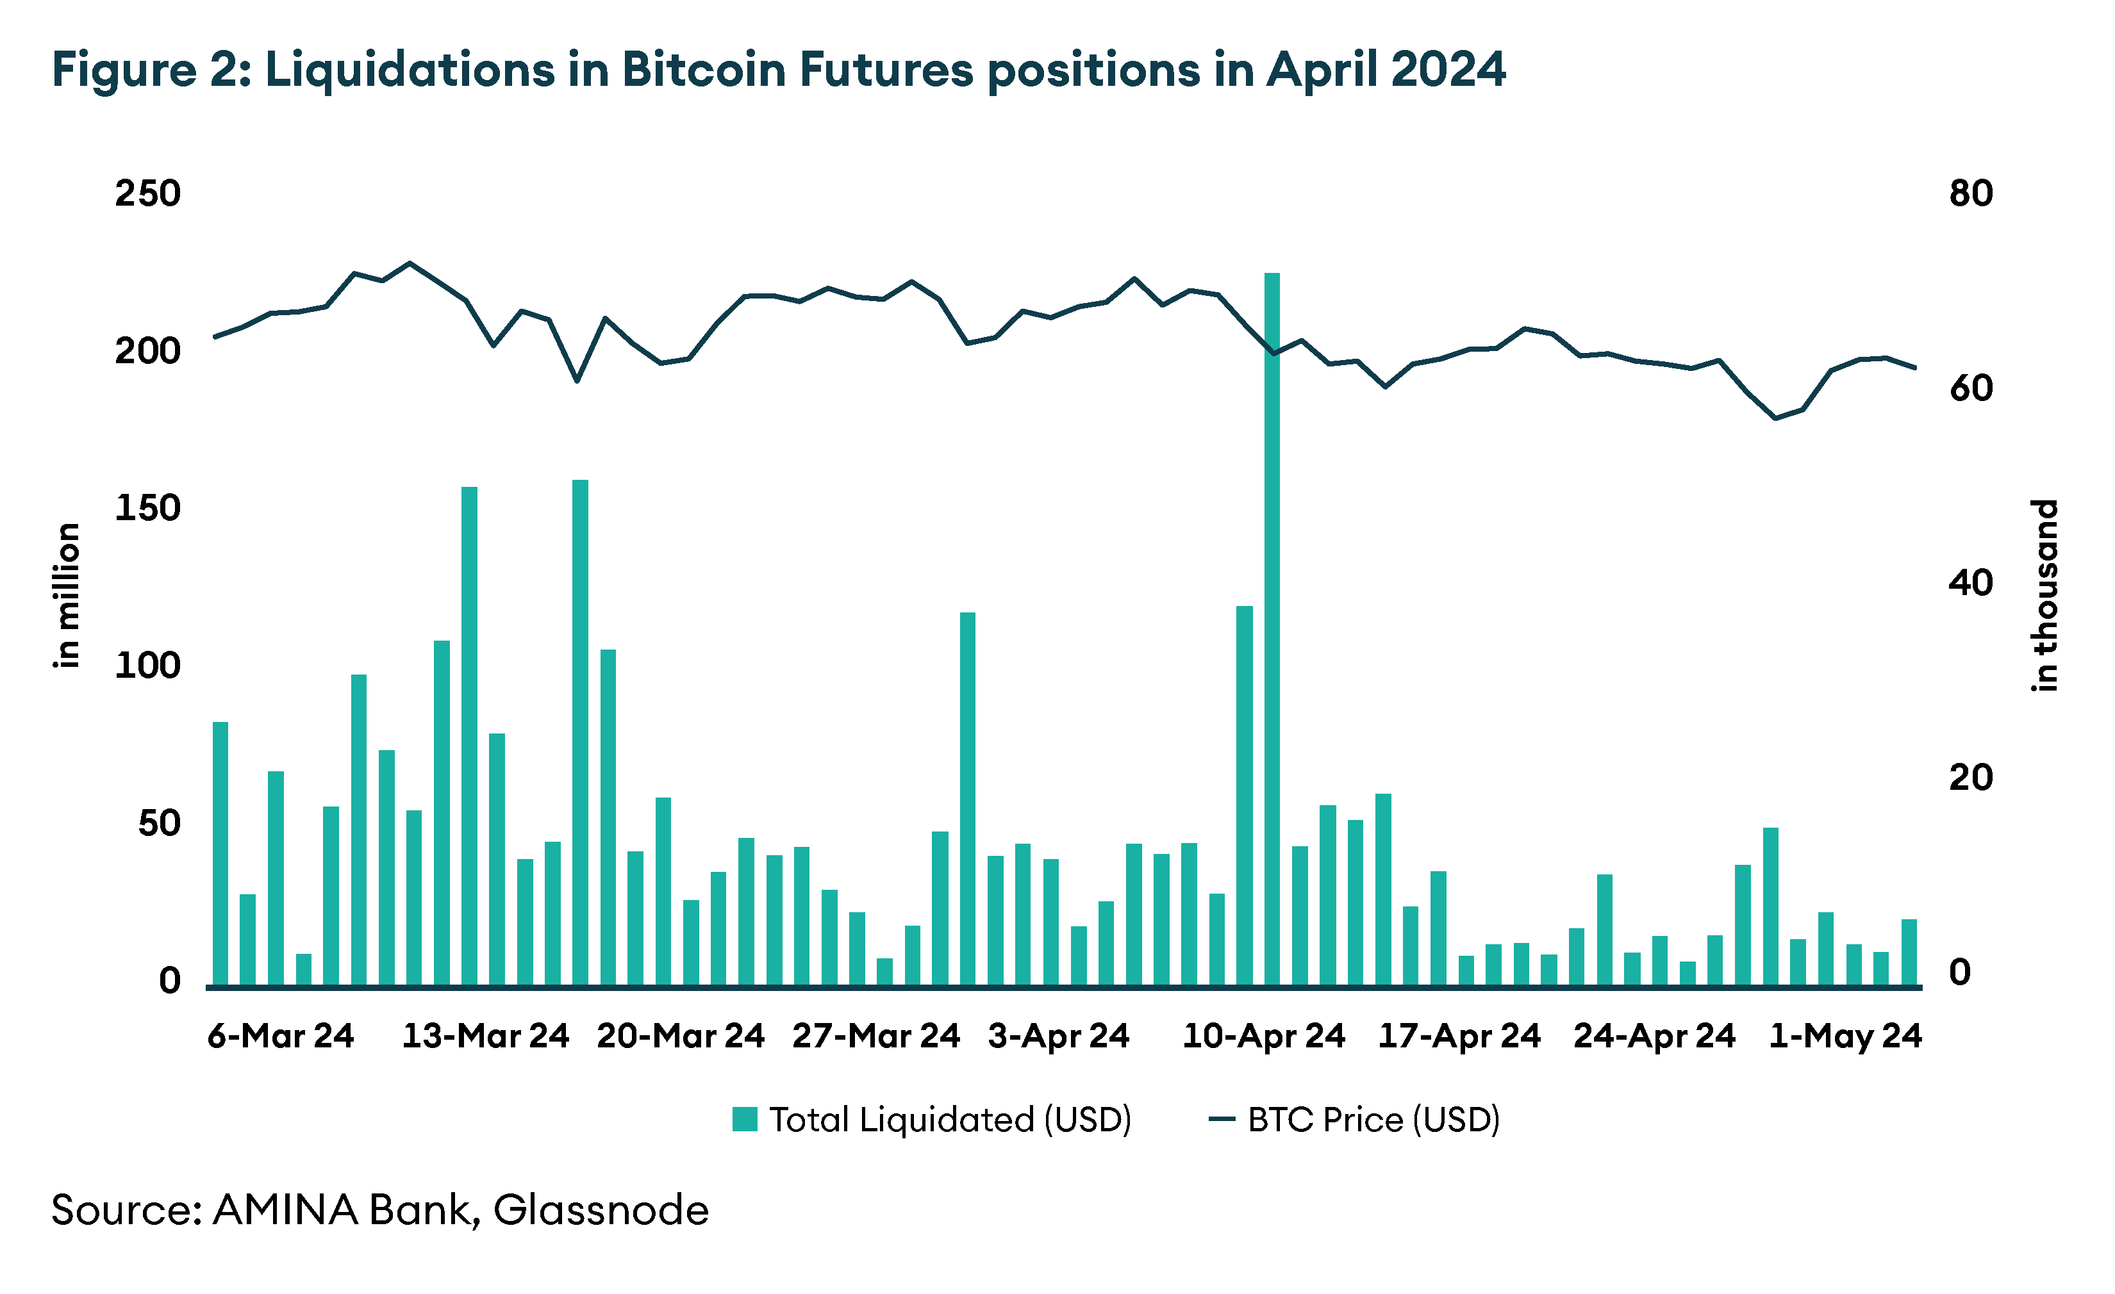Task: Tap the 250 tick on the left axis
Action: point(147,194)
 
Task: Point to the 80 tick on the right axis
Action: point(1971,194)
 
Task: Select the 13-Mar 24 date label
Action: point(485,1036)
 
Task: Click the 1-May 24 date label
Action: point(1845,1036)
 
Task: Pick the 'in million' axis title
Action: point(66,594)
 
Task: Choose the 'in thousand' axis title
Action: point(2044,594)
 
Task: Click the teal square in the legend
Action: point(744,1120)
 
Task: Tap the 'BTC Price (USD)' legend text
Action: point(1373,1120)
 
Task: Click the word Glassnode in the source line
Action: point(601,1211)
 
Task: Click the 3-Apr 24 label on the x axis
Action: point(1058,1036)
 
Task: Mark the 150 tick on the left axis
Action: point(147,509)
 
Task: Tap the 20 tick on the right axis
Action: point(1971,778)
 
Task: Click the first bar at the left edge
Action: point(220,854)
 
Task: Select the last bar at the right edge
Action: point(1909,953)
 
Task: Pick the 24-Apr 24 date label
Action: point(1654,1036)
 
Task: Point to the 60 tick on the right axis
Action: point(1971,389)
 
